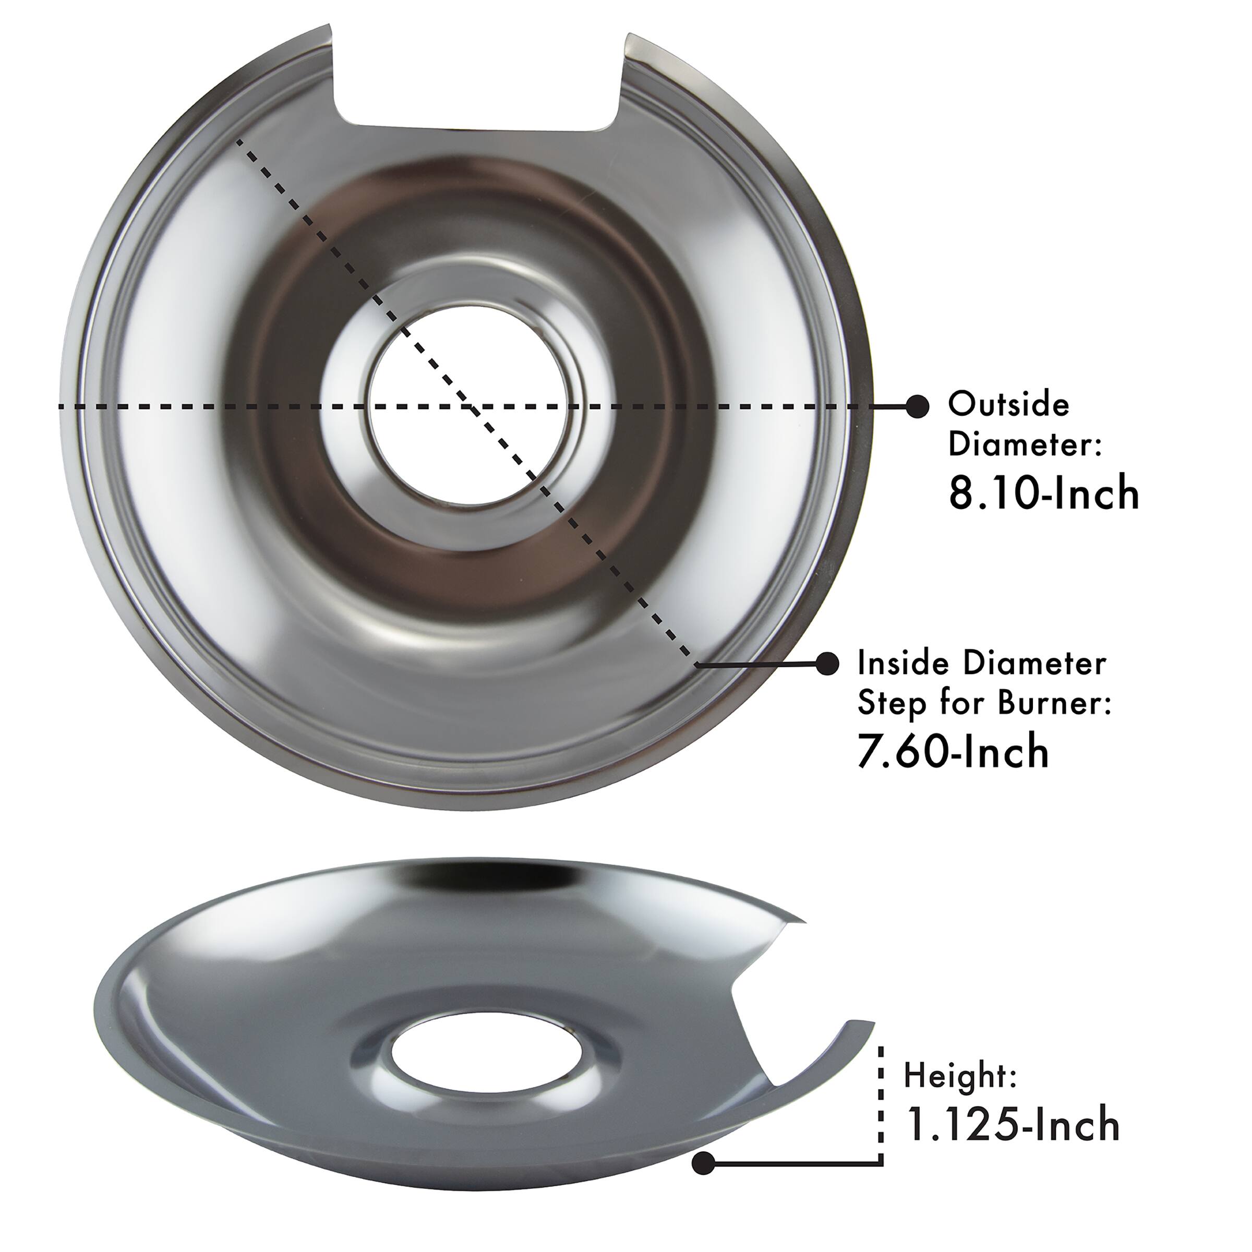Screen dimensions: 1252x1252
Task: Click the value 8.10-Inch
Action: point(1043,495)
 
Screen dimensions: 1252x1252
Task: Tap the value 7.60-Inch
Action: point(953,752)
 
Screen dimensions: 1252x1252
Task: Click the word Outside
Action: point(1008,405)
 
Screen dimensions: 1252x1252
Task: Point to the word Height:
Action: point(960,1076)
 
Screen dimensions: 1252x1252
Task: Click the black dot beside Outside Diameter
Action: point(917,406)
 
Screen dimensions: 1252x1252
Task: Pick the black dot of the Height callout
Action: point(703,1163)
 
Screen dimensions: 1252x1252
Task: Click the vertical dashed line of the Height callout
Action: point(881,1102)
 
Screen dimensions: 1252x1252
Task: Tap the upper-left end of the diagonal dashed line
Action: point(238,141)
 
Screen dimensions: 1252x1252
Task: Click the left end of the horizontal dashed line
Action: point(62,407)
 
